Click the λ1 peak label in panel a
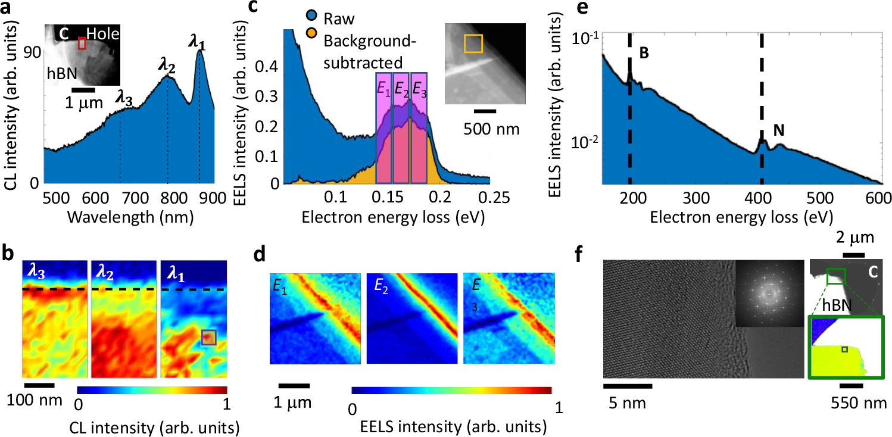point(201,43)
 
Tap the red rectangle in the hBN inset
point(82,43)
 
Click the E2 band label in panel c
point(400,92)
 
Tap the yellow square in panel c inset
point(473,43)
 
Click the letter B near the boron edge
point(644,53)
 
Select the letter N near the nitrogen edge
point(778,128)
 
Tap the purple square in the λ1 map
point(208,338)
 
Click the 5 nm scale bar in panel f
point(627,385)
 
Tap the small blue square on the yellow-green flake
point(844,349)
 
